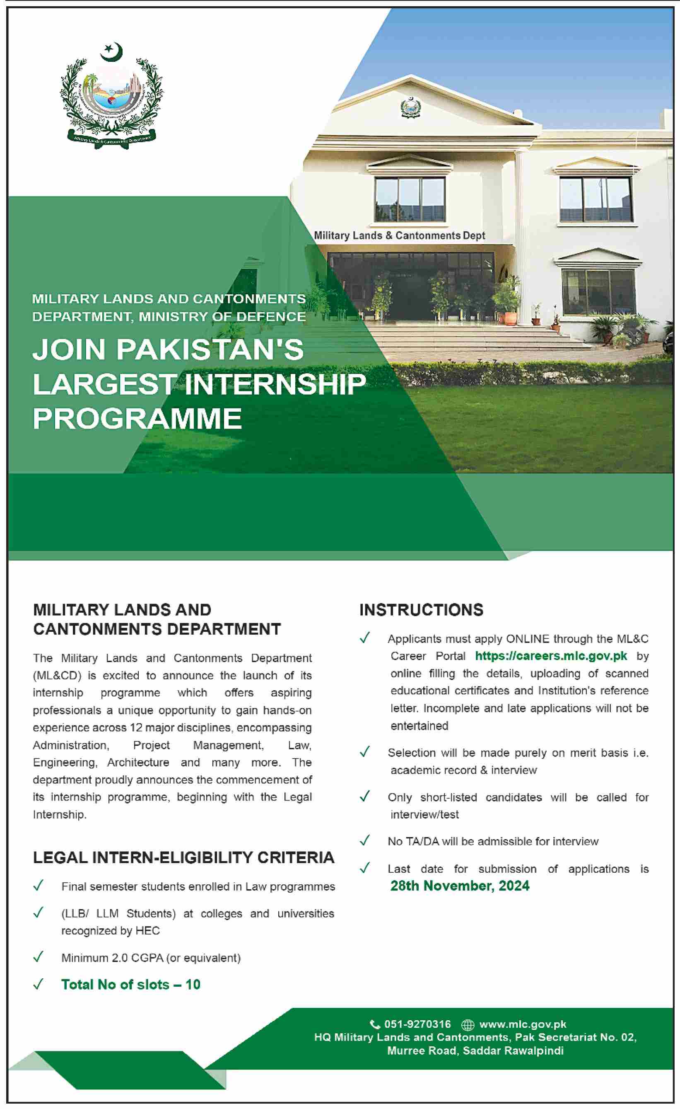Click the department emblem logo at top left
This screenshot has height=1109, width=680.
[111, 96]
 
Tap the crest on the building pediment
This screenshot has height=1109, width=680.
[410, 107]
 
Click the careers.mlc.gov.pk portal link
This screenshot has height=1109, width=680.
[551, 656]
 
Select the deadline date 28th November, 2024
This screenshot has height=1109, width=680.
[460, 886]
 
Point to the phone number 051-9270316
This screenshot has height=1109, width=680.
[417, 1024]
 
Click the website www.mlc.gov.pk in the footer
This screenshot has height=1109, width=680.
[523, 1024]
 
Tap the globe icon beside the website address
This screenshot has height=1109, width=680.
[468, 1025]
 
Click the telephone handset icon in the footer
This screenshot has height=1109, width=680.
[375, 1024]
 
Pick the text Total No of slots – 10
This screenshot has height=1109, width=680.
[130, 984]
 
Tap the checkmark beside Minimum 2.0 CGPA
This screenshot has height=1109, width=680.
[39, 956]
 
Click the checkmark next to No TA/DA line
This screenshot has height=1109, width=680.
[365, 840]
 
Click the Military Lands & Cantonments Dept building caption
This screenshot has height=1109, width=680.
[399, 235]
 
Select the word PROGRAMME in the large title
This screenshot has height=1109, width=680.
[137, 419]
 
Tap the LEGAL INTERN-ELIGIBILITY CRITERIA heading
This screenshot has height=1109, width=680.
[183, 857]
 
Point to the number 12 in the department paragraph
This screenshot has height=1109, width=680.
[136, 727]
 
